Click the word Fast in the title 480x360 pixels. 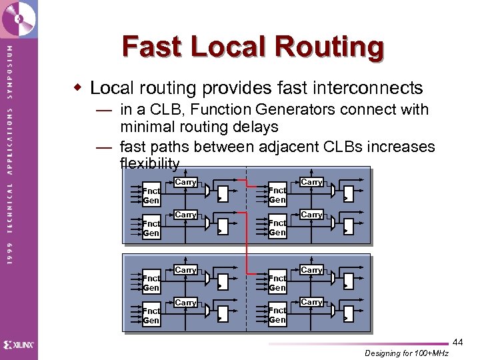151,47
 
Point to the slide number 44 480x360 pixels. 457,342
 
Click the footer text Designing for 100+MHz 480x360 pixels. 406,353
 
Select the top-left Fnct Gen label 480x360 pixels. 151,195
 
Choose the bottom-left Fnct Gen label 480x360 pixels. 151,315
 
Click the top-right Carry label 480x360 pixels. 311,182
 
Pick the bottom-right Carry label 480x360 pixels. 311,302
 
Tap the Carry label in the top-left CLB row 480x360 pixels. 185,182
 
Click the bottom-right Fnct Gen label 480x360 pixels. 277,315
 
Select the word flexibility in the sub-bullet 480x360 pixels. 149,163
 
